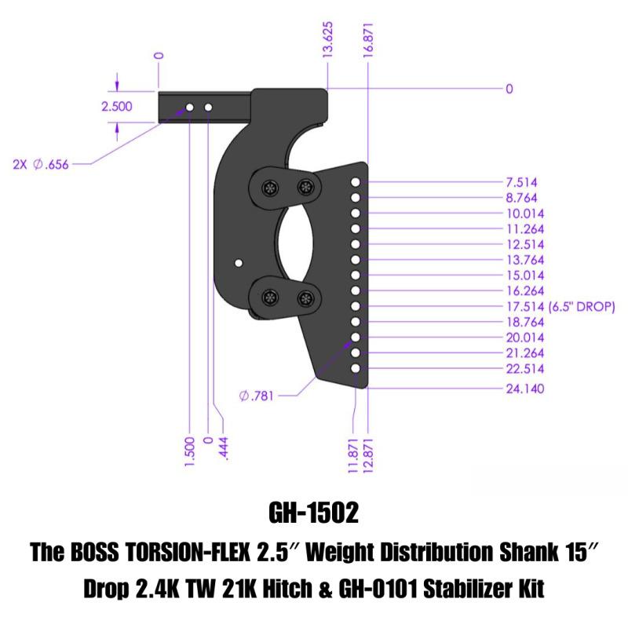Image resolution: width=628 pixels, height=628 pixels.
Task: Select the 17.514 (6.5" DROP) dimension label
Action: pos(558,307)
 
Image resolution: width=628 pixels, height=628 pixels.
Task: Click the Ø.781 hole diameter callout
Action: pos(257,396)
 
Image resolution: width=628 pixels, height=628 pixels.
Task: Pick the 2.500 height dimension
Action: pos(117,107)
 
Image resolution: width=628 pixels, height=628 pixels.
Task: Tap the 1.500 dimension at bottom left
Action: pos(189,453)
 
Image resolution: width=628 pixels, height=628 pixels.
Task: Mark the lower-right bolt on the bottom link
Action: pos(305,298)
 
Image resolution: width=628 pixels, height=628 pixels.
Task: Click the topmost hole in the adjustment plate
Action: pos(356,182)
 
